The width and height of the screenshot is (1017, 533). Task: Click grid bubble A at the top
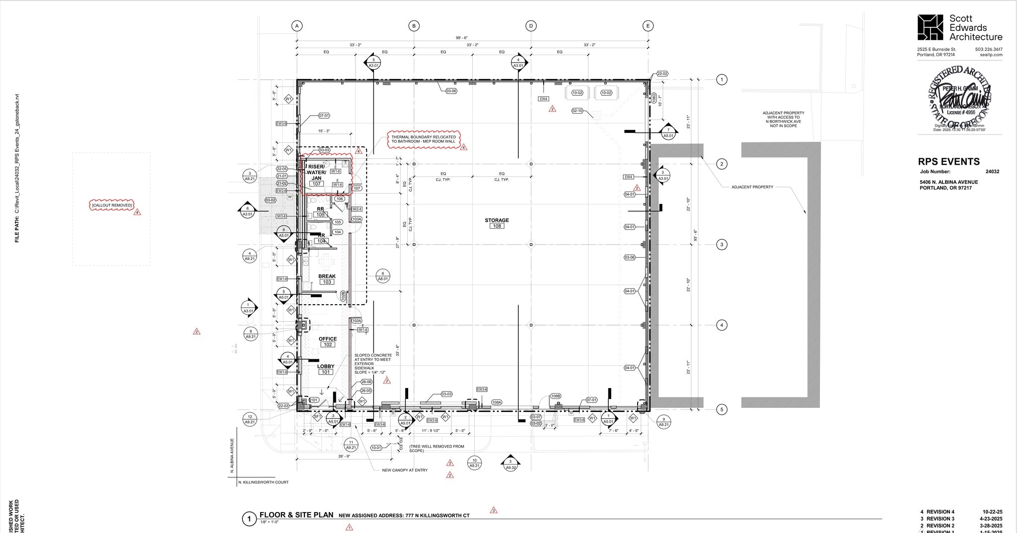(x=296, y=26)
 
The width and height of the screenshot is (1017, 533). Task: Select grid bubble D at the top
(x=531, y=26)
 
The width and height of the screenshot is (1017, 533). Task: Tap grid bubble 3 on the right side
(x=722, y=245)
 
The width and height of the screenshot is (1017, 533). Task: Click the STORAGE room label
(x=497, y=220)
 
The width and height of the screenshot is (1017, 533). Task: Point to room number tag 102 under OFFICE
(x=328, y=344)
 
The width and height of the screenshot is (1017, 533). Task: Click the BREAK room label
(x=327, y=276)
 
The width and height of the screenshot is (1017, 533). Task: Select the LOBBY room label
(x=326, y=366)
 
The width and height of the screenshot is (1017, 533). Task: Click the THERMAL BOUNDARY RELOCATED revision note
(x=424, y=139)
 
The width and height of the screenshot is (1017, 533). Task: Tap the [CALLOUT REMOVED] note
(x=112, y=205)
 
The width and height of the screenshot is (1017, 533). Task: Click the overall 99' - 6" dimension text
(x=462, y=38)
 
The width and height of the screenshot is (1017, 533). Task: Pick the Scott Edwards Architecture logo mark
(x=930, y=28)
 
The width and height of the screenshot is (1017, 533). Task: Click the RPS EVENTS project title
(x=948, y=162)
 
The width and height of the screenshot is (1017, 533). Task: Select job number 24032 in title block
(x=992, y=172)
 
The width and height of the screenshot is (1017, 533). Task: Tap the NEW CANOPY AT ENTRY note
(x=404, y=470)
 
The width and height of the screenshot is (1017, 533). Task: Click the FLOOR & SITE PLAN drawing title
(x=296, y=515)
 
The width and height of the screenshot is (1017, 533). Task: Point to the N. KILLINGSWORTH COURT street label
(x=263, y=482)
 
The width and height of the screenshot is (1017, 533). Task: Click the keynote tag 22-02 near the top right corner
(x=662, y=73)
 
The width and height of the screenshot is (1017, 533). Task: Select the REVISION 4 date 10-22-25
(x=992, y=512)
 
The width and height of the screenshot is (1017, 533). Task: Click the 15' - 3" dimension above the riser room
(x=324, y=131)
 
